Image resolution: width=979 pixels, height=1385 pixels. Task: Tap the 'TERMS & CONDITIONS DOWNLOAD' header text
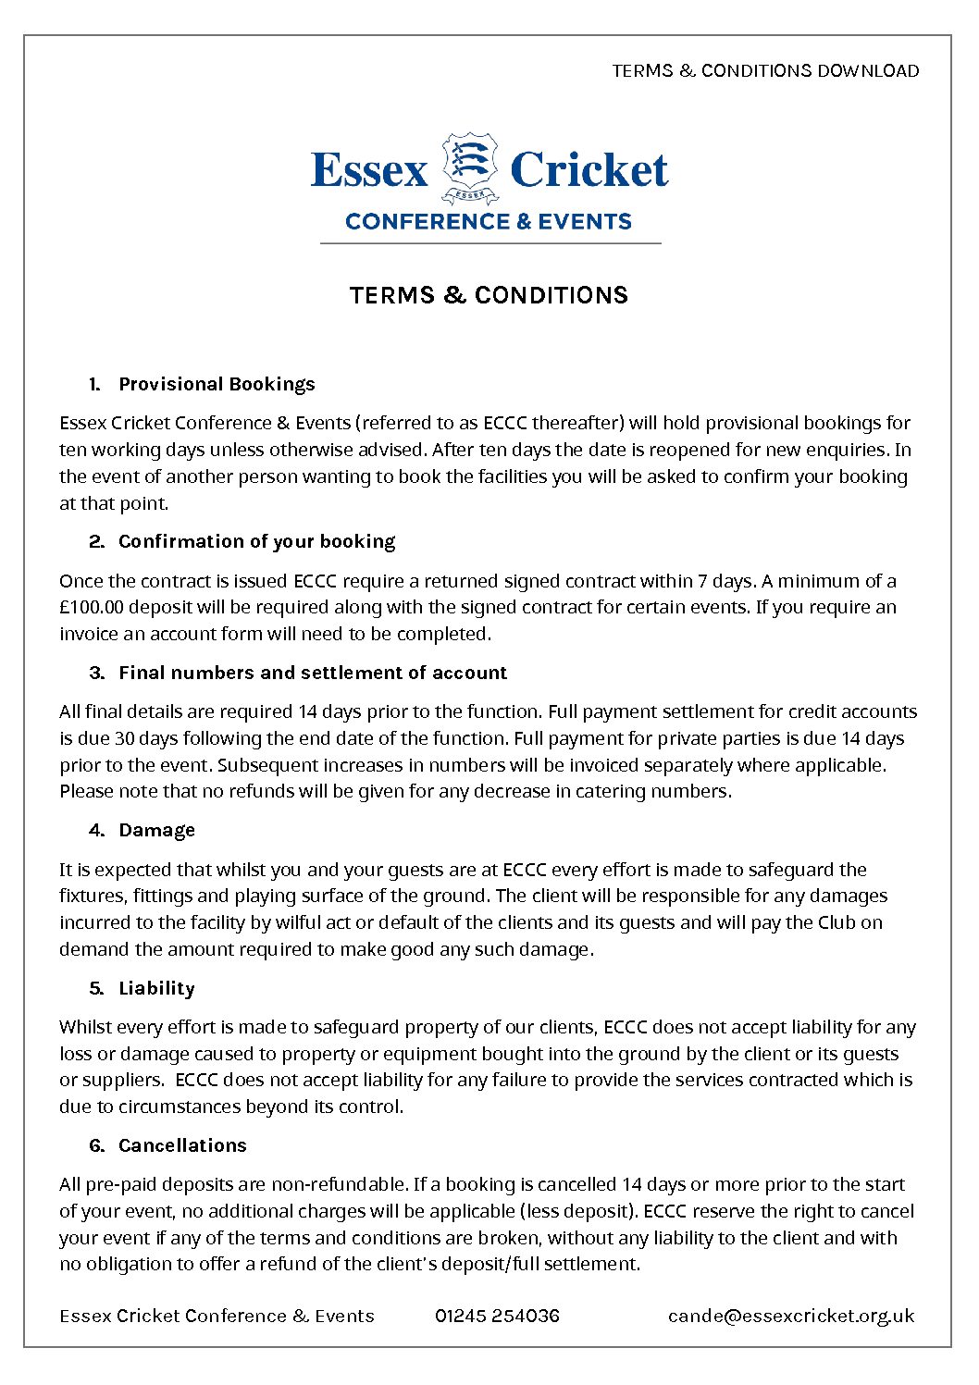click(x=765, y=71)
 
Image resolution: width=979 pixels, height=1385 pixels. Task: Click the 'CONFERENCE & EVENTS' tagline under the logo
click(x=489, y=222)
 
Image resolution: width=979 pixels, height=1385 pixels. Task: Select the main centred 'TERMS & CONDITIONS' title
click(x=489, y=295)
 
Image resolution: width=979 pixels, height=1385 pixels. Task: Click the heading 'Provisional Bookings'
click(x=217, y=384)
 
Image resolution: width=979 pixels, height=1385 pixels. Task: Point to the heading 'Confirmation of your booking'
click(x=256, y=541)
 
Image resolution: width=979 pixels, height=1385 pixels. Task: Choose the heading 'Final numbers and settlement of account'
click(x=313, y=673)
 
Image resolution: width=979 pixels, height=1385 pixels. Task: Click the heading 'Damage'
click(x=156, y=830)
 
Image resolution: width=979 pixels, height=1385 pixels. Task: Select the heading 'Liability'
click(x=156, y=988)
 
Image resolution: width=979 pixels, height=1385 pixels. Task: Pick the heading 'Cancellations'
click(x=182, y=1145)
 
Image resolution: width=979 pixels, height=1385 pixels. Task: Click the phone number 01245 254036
click(x=497, y=1316)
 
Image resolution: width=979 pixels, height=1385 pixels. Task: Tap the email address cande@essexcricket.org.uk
click(x=791, y=1316)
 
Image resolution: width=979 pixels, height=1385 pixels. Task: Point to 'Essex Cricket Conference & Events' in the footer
click(x=217, y=1316)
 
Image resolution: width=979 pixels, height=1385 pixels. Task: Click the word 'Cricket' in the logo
click(x=589, y=170)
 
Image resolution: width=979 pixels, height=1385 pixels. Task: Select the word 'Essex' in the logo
click(x=369, y=170)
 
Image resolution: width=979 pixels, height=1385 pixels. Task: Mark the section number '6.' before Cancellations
click(x=97, y=1145)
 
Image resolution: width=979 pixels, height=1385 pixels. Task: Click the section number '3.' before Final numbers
click(x=97, y=673)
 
